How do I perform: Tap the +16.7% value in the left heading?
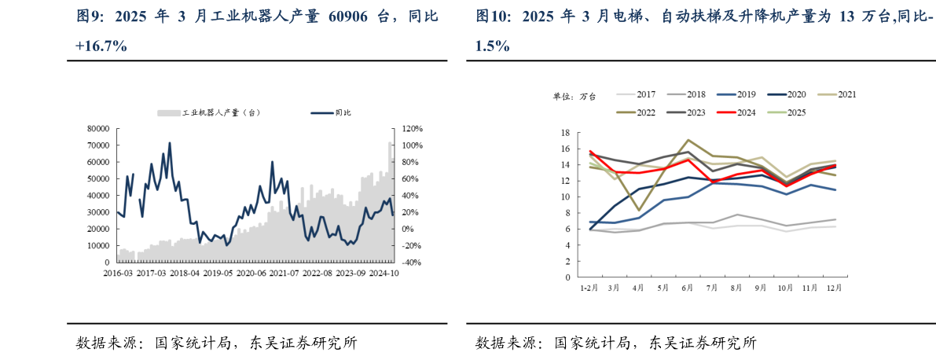[x=101, y=46]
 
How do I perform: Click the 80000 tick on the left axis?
[x=97, y=129]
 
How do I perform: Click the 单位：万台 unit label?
[x=574, y=96]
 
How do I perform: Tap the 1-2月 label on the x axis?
[x=589, y=289]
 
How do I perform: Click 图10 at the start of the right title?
[x=493, y=17]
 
